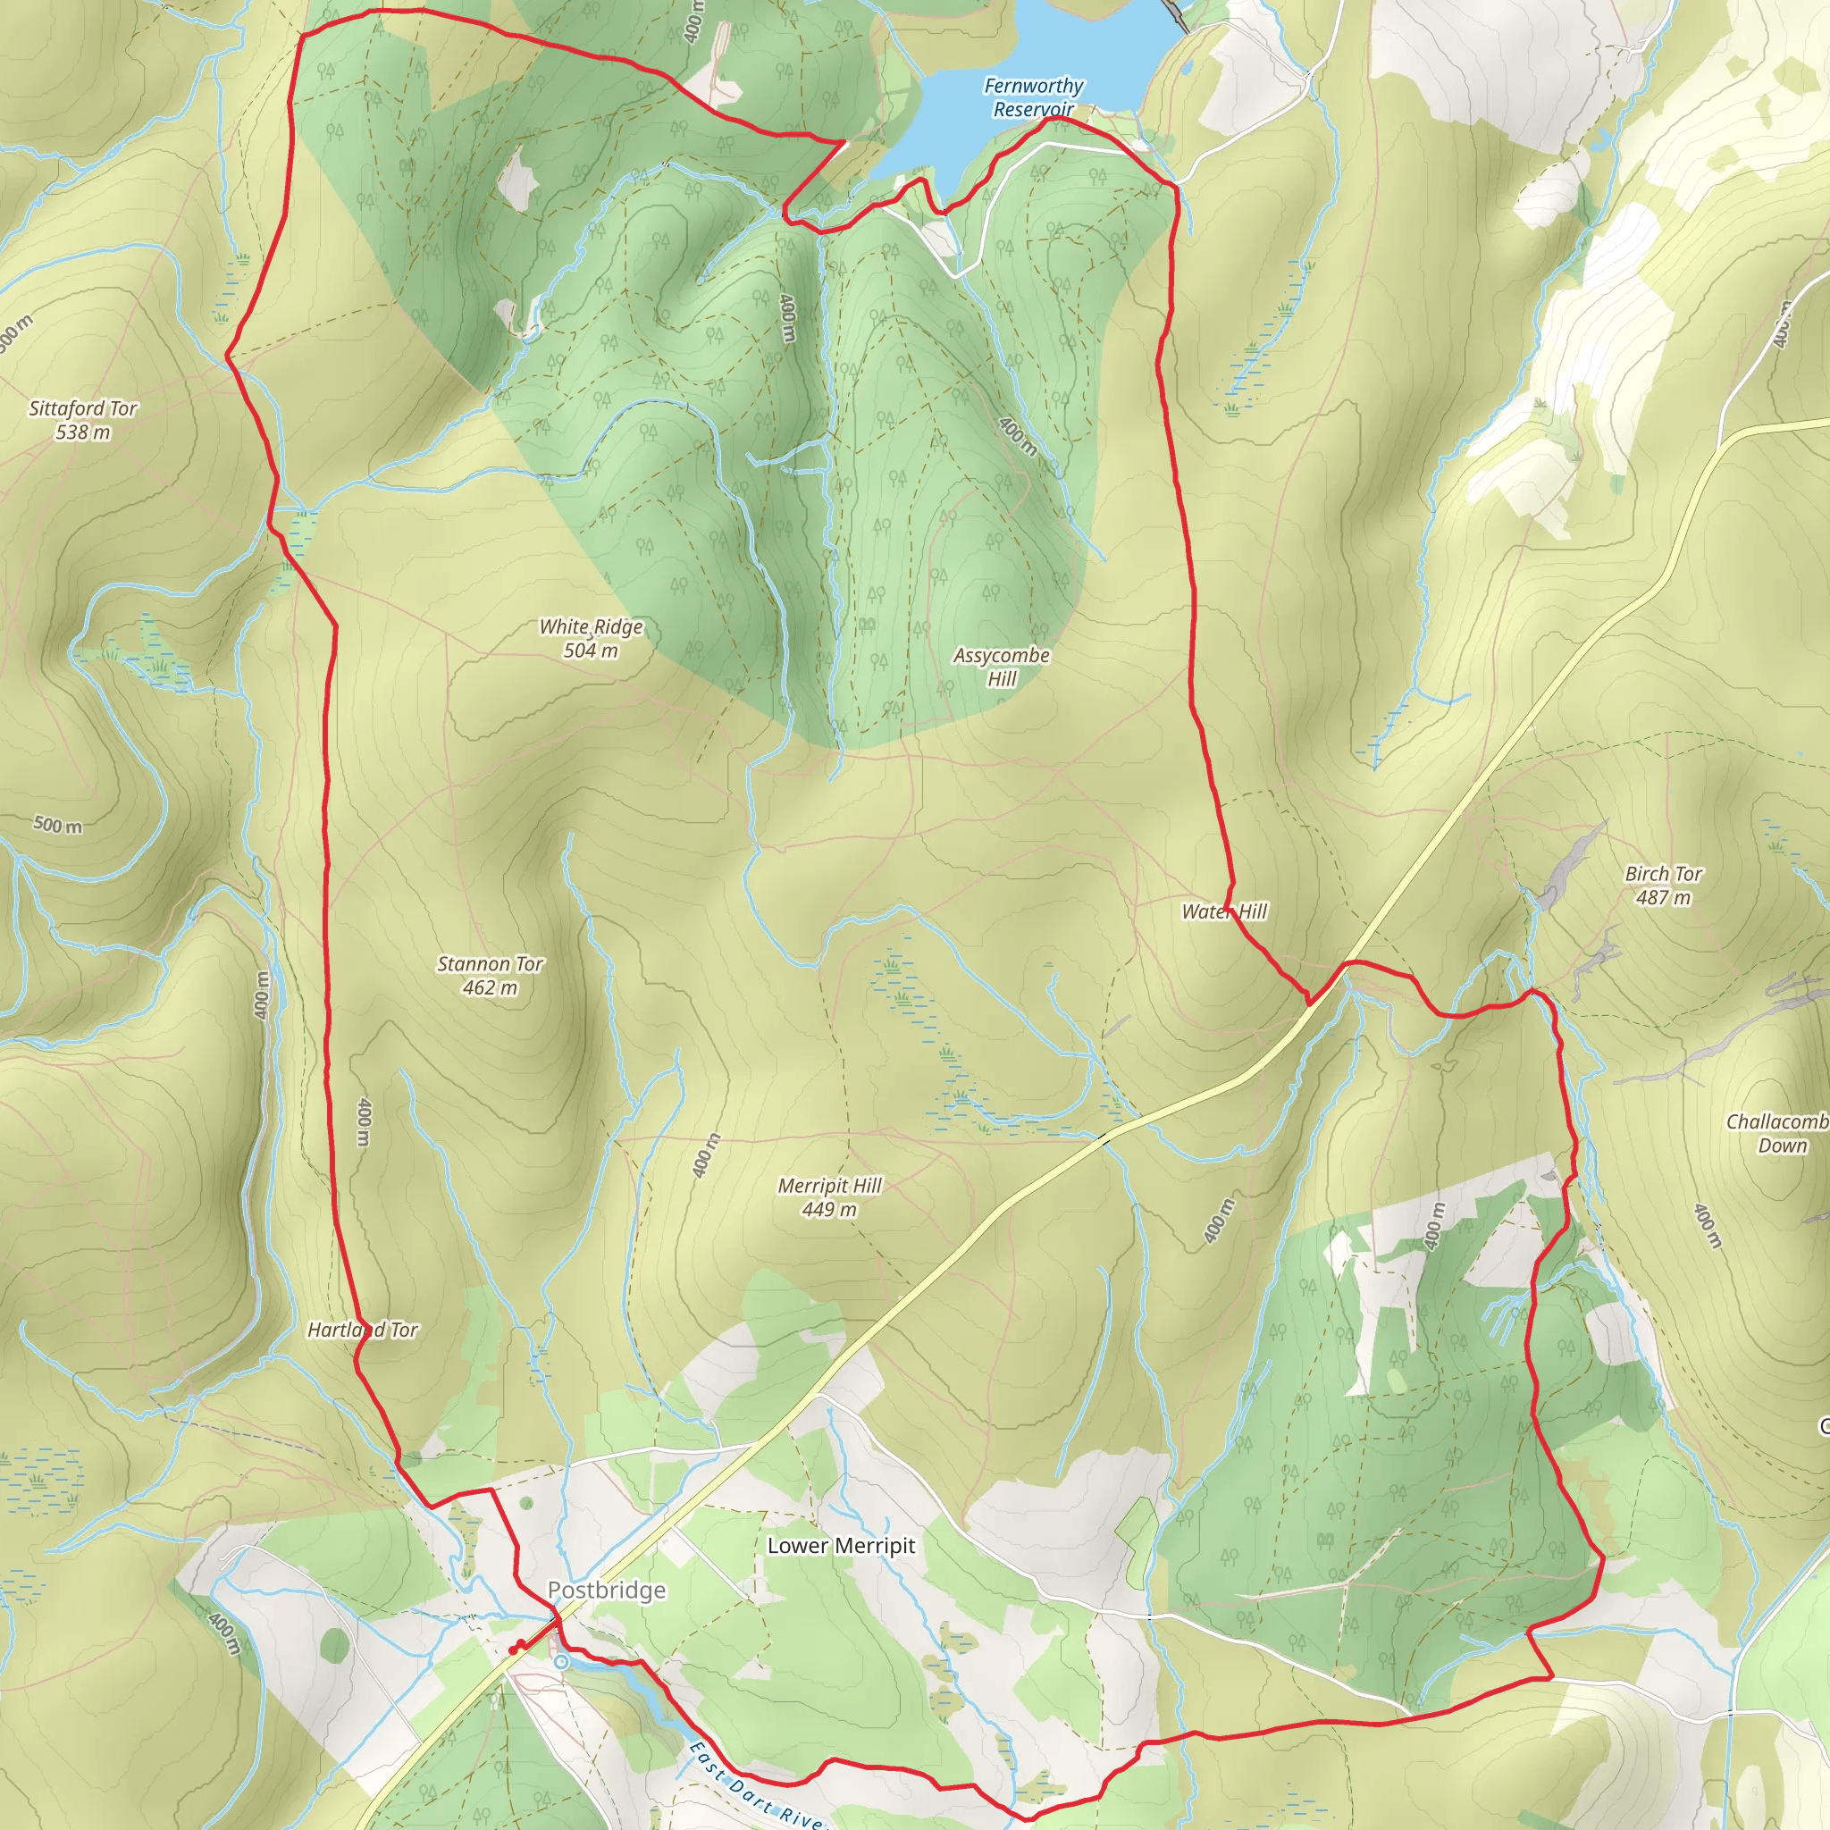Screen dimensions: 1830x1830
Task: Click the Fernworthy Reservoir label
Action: [1034, 97]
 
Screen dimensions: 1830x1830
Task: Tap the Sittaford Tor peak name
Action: [83, 408]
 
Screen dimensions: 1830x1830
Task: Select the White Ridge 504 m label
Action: [591, 638]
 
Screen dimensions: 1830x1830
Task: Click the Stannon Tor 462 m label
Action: [490, 976]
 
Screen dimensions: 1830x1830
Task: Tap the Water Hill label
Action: [1224, 911]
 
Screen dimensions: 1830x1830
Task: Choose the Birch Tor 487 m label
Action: [1663, 886]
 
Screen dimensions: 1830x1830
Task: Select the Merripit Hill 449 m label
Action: [830, 1197]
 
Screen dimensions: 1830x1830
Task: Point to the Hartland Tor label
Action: [363, 1330]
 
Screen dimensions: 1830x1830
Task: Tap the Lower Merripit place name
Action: [841, 1546]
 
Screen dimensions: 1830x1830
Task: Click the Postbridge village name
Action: [606, 1591]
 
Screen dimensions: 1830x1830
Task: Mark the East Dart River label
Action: [753, 1785]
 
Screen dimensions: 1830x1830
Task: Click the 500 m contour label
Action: [58, 825]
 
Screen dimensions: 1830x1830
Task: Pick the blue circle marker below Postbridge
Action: [562, 1662]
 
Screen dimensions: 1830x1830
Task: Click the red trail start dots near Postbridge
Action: [517, 1647]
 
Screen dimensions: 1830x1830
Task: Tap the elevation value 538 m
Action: [83, 432]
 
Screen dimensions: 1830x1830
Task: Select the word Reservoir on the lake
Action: [1034, 110]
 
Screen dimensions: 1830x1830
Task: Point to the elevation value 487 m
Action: [1663, 898]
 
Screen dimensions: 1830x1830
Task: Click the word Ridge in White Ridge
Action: [617, 627]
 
